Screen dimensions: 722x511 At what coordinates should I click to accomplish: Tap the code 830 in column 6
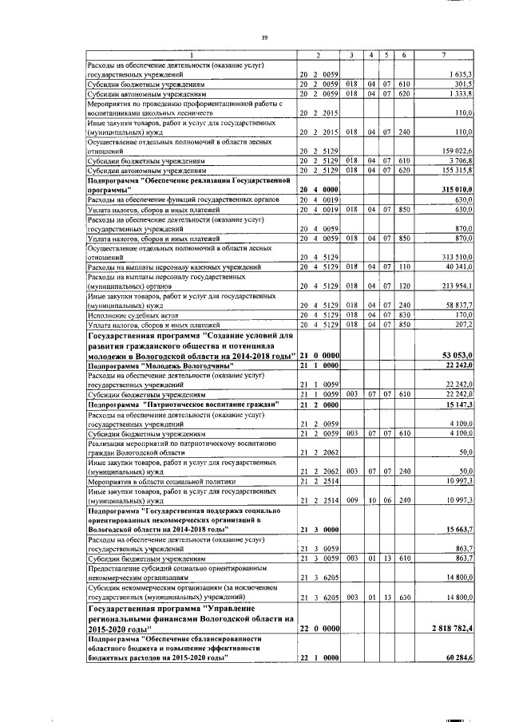(404, 314)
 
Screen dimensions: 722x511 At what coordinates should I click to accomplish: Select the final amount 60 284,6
(456, 657)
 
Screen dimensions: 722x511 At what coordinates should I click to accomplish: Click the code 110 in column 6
(404, 266)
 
